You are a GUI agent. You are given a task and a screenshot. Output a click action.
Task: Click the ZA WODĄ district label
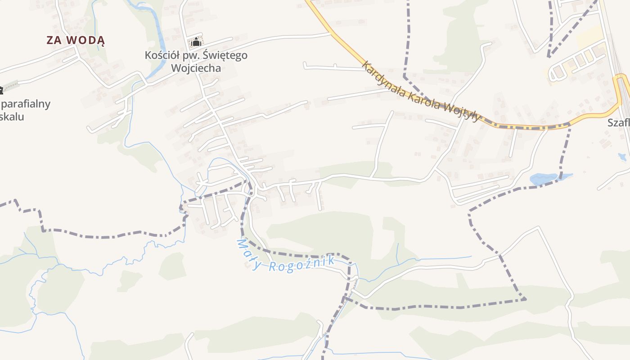[x=76, y=40]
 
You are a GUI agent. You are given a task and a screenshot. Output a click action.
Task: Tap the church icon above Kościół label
[x=196, y=43]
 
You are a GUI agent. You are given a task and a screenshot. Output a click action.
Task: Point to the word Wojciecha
[x=196, y=68]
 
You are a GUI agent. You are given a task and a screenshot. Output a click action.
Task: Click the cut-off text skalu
[x=12, y=117]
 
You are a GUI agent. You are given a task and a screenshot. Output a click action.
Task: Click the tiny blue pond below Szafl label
[x=622, y=157]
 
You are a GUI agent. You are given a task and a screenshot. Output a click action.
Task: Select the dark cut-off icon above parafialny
[x=1, y=90]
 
